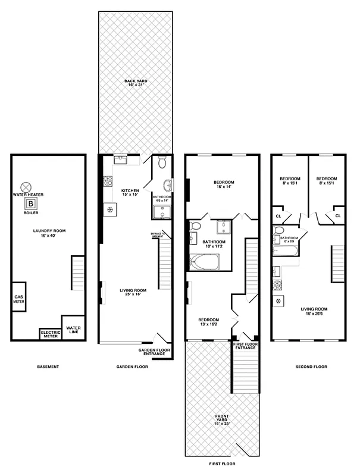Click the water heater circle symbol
point(26,186)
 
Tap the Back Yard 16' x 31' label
point(136,83)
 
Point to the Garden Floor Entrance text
point(155,352)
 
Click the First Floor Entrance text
point(245,346)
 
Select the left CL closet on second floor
point(278,215)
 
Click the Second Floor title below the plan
point(311,367)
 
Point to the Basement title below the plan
point(48,367)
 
